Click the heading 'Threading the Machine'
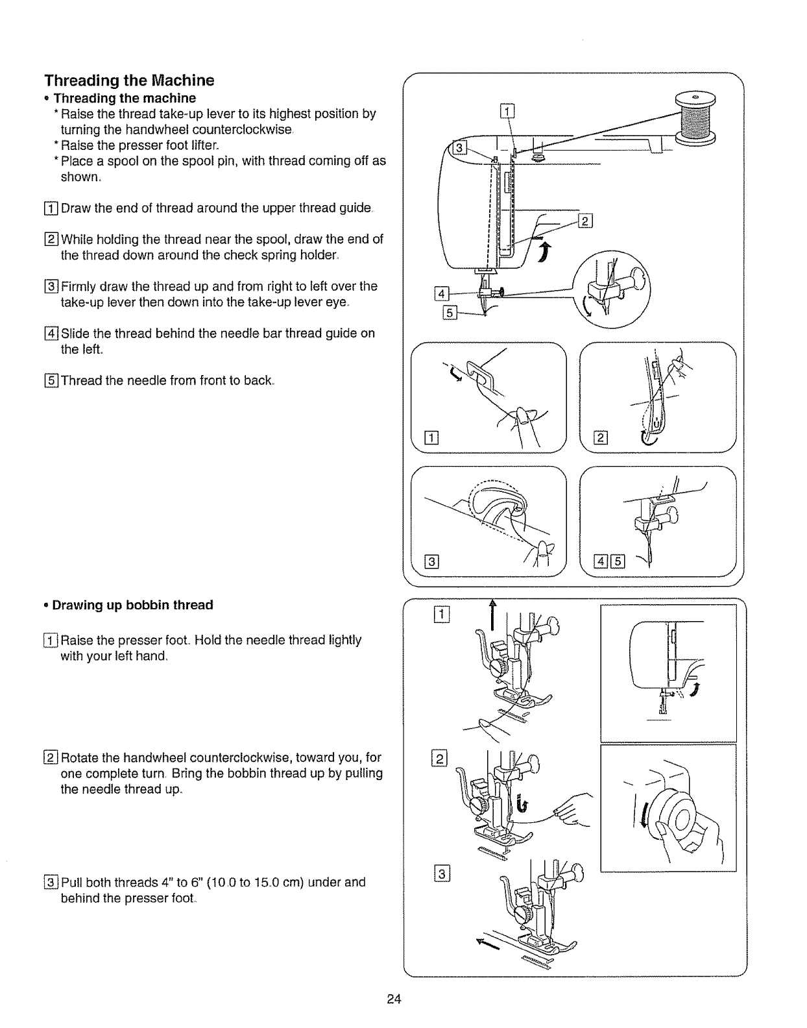[129, 81]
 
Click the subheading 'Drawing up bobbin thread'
[132, 605]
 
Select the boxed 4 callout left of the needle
[443, 293]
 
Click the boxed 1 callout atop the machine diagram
[507, 111]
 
